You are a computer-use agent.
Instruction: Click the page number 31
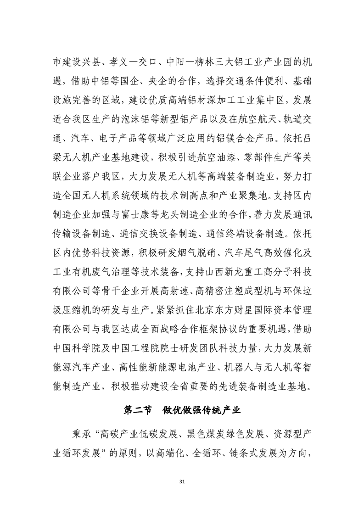coord(182,481)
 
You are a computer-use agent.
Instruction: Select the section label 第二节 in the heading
coord(138,410)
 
